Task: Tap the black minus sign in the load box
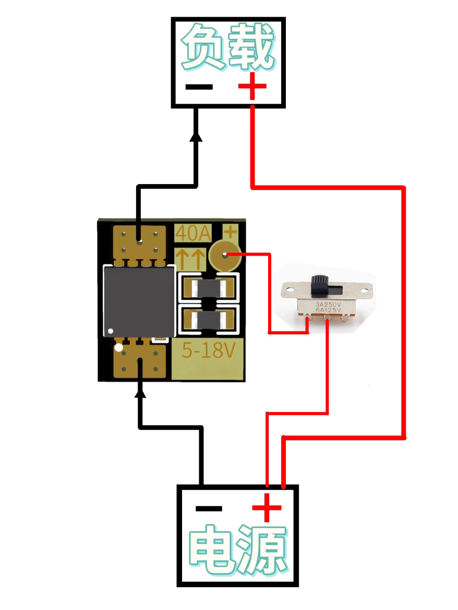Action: point(199,87)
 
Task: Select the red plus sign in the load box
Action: point(252,86)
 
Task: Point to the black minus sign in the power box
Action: point(209,508)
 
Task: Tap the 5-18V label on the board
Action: point(207,351)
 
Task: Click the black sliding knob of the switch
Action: point(319,285)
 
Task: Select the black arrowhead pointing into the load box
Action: point(196,136)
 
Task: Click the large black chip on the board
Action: point(139,301)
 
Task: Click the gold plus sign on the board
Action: point(230,231)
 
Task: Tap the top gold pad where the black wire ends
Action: point(139,241)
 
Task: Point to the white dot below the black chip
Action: point(119,347)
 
